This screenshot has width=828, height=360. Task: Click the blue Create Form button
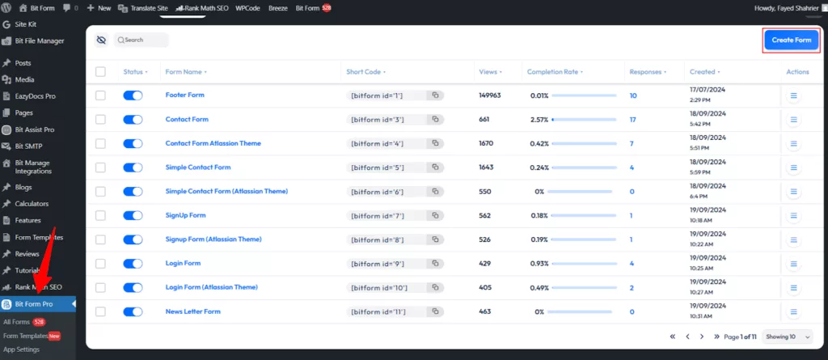(x=792, y=40)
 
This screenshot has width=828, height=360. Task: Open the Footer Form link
(x=184, y=95)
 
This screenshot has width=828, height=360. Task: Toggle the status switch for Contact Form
(x=133, y=120)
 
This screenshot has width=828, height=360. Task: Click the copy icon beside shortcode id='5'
(x=435, y=167)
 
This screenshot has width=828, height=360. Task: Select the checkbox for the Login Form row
(x=100, y=264)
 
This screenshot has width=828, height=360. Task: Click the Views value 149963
(x=490, y=95)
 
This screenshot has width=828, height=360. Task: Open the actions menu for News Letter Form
(x=793, y=311)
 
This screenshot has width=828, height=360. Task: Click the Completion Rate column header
(x=553, y=72)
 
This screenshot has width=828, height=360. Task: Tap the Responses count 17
(x=633, y=120)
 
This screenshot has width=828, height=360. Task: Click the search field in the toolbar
(x=142, y=40)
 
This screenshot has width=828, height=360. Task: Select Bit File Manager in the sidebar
(x=39, y=40)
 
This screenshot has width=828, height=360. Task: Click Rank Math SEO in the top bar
(x=202, y=7)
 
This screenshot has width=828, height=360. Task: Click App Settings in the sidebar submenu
(x=22, y=349)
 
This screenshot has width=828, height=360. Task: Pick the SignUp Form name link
(x=185, y=216)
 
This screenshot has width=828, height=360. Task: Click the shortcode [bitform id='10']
(x=378, y=288)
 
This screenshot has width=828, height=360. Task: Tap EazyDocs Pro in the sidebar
(x=35, y=96)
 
